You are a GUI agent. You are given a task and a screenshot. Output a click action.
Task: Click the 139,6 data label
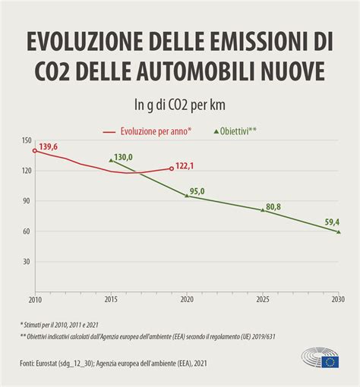pos(49,146)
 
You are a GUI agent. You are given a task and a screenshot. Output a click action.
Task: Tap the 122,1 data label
pos(186,165)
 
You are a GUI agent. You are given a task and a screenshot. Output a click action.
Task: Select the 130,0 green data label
pos(123,158)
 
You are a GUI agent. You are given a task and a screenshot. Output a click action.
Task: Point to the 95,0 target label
pos(197,191)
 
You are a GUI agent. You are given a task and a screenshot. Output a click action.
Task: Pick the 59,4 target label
pos(331,222)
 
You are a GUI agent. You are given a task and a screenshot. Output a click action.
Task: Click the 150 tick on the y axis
pos(27,140)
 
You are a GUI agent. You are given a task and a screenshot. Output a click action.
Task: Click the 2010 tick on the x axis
pos(34,300)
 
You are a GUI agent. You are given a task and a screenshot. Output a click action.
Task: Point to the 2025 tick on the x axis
pos(262,300)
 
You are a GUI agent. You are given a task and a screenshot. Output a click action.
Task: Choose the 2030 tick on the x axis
pos(338,300)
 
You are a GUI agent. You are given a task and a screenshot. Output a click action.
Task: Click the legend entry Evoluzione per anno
pos(156,131)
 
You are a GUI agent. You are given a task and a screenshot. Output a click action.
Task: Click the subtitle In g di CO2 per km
pos(180,104)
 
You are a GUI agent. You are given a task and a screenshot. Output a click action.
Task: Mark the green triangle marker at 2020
pos(187,196)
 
